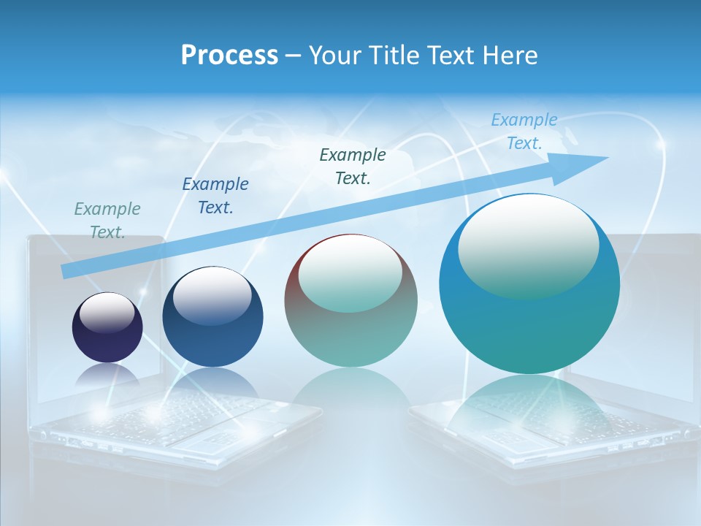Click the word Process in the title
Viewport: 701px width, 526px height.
click(229, 56)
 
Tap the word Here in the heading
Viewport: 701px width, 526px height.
click(508, 56)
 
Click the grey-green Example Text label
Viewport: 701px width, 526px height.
click(107, 220)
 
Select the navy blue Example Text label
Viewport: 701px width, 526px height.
click(215, 195)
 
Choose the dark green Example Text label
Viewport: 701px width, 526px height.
click(353, 166)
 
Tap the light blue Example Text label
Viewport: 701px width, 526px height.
click(524, 131)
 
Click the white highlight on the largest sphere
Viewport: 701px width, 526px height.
click(528, 245)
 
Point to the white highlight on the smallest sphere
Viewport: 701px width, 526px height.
click(107, 312)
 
